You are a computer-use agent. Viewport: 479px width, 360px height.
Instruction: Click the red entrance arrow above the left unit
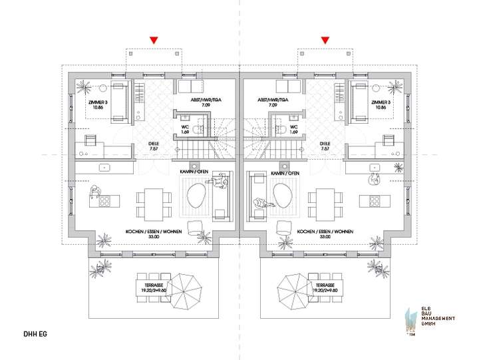click(x=154, y=41)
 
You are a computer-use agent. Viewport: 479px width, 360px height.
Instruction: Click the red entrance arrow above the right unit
click(x=325, y=41)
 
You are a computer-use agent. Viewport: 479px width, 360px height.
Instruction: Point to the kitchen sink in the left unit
click(x=104, y=168)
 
